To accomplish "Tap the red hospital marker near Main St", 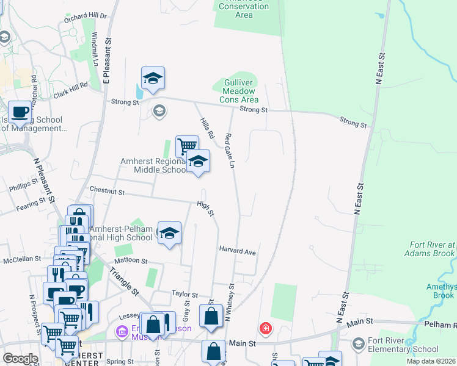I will (x=265, y=329).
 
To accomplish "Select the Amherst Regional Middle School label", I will (x=153, y=165).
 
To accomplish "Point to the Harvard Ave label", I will (x=237, y=251).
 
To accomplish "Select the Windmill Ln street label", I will (x=95, y=48).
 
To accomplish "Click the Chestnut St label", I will (x=107, y=192).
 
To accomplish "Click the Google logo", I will (x=20, y=359).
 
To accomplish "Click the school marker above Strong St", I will (x=153, y=78).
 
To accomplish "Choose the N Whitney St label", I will (x=229, y=303).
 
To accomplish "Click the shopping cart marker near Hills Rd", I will (x=187, y=146).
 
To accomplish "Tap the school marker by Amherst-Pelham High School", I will (x=169, y=234).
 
